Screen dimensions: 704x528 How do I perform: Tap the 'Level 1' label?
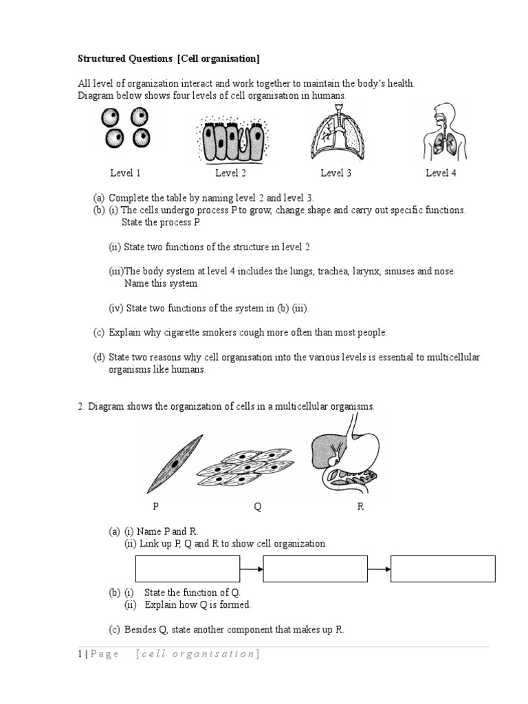click(x=126, y=173)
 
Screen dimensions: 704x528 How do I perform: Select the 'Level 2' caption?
click(x=230, y=173)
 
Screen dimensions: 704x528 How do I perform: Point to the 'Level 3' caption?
click(x=335, y=173)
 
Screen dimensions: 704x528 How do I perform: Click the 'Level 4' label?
click(x=441, y=173)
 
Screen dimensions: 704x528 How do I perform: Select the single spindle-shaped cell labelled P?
click(x=175, y=464)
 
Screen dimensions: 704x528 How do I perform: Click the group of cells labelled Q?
click(x=245, y=467)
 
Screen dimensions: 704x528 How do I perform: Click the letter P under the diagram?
click(x=156, y=507)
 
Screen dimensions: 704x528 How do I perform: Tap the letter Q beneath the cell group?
click(x=258, y=507)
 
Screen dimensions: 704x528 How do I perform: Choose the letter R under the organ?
click(x=360, y=507)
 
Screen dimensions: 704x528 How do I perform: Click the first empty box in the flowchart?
click(x=187, y=569)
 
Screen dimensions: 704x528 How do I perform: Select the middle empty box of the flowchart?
click(x=315, y=569)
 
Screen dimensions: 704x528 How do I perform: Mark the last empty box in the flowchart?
click(x=443, y=569)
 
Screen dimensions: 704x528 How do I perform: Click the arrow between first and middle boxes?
click(x=251, y=569)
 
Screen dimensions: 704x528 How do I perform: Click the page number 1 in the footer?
click(x=80, y=654)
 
